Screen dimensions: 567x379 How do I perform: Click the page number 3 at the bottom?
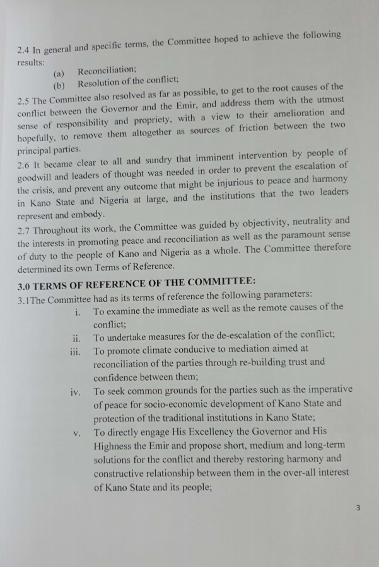point(358,508)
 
